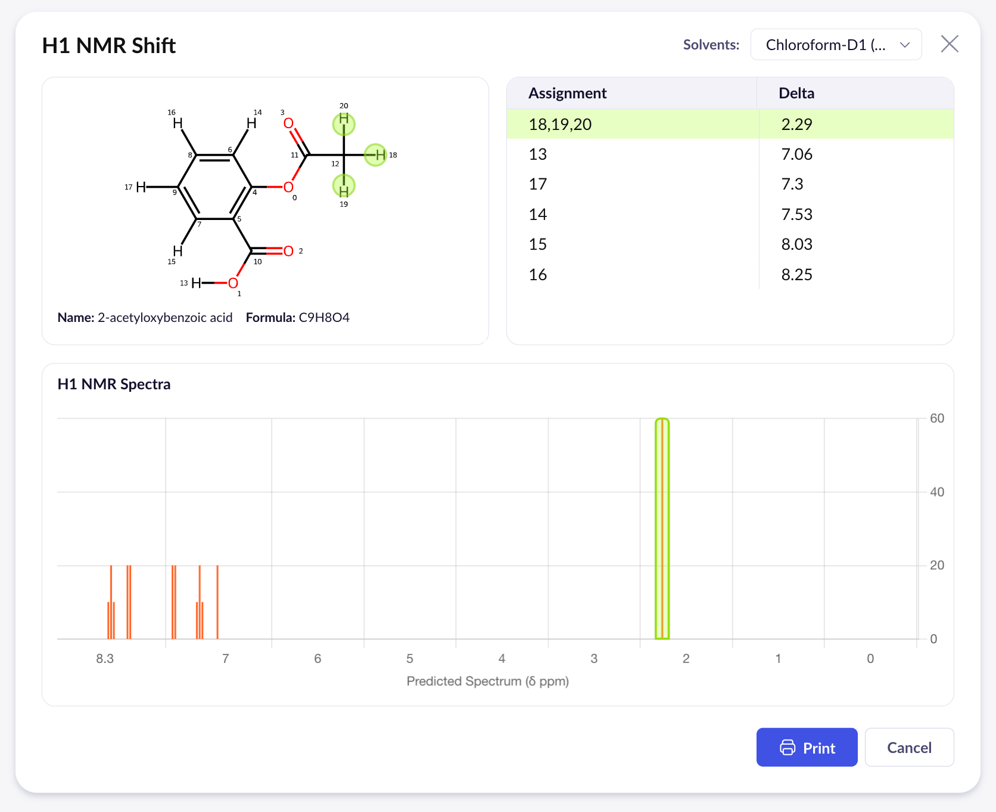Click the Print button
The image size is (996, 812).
coord(807,747)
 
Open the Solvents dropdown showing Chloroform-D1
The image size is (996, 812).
coord(836,45)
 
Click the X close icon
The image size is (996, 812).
coord(949,44)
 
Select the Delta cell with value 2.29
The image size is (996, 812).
coord(796,124)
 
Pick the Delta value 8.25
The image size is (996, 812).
coord(796,274)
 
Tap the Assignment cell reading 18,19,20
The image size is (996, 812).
coord(560,124)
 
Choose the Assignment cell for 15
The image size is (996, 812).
coord(537,244)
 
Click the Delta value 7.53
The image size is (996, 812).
coord(796,214)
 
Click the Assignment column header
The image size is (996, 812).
coord(567,93)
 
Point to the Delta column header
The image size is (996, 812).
coord(796,93)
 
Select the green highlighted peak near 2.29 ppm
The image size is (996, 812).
coord(662,528)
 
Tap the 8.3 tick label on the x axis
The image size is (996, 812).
coord(105,659)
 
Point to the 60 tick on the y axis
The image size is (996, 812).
coord(936,419)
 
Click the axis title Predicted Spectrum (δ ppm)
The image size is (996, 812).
coord(487,681)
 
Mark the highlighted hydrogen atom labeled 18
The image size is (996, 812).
coord(376,155)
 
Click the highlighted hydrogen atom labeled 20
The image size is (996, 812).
coord(344,123)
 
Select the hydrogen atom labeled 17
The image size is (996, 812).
coord(141,187)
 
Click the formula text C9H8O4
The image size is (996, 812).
coord(323,317)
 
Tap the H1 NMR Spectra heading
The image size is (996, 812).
coord(114,384)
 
